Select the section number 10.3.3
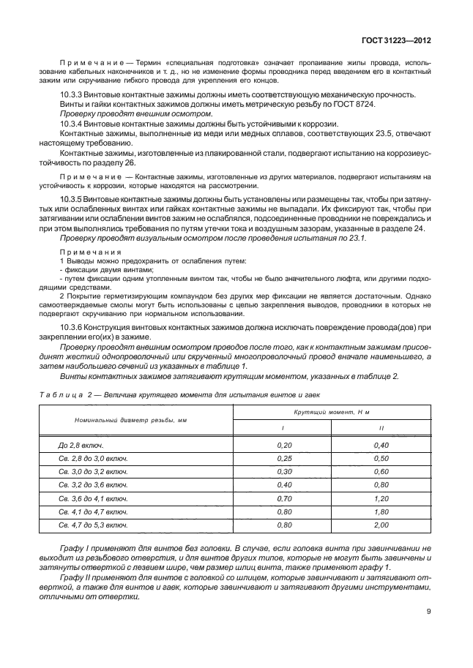click(x=71, y=95)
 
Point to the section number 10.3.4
click(x=71, y=124)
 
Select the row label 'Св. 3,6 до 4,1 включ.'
click(x=93, y=498)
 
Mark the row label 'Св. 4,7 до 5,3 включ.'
click(x=93, y=525)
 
